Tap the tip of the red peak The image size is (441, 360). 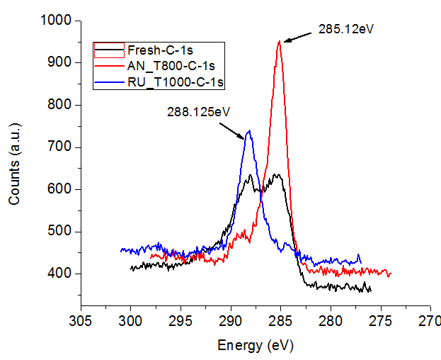click(280, 41)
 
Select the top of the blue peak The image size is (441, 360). click(248, 130)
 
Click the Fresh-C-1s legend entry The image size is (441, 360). click(160, 50)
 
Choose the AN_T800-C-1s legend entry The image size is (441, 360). click(171, 67)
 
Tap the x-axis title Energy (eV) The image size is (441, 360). click(255, 345)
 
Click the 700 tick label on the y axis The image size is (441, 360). click(62, 147)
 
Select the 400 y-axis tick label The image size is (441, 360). click(62, 274)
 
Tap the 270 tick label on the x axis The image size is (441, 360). click(430, 322)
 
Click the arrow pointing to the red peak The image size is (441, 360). click(298, 35)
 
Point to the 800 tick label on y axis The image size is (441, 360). click(62, 105)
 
